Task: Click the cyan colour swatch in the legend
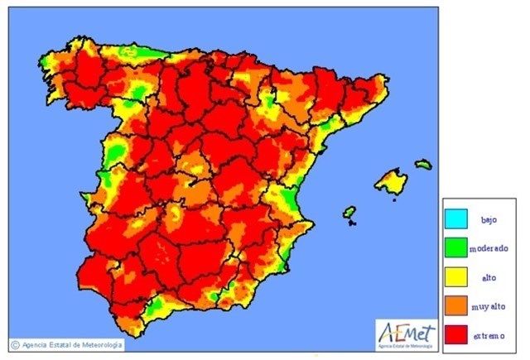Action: point(455,220)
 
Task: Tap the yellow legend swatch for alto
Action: point(455,276)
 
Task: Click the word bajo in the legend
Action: point(489,220)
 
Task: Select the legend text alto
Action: point(489,276)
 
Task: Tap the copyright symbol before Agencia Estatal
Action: point(14,344)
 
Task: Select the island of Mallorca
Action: point(390,181)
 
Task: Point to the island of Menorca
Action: point(423,164)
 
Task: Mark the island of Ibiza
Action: point(349,212)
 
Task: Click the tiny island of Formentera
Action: point(351,223)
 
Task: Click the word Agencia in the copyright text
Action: point(34,344)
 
